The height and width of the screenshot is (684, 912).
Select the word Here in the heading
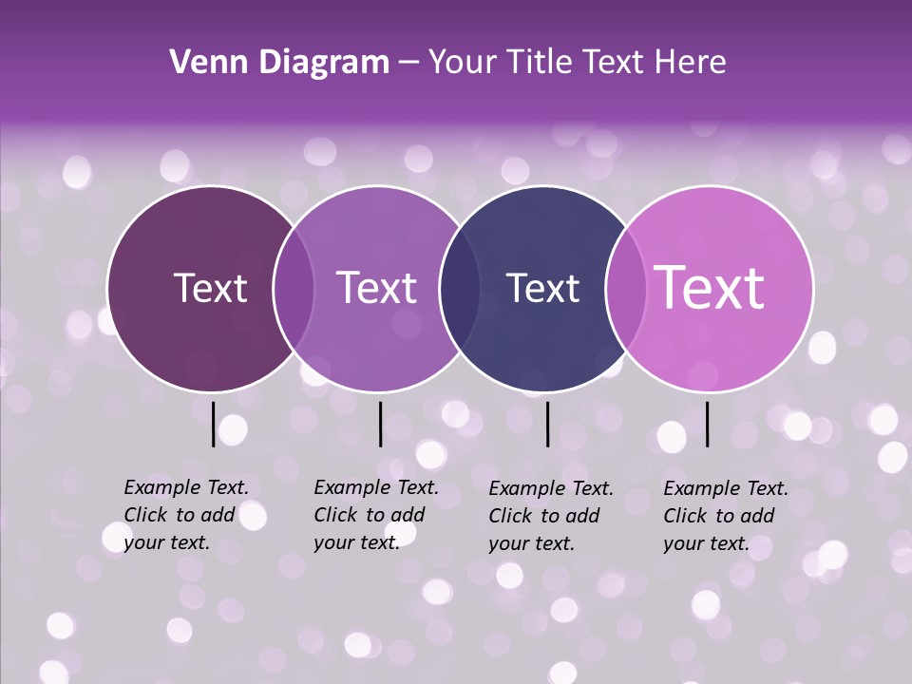690,63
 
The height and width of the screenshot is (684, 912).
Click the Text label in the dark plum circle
210,288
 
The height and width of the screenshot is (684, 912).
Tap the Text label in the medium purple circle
376,288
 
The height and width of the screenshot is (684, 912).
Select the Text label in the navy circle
542,288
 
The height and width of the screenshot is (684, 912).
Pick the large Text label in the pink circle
710,288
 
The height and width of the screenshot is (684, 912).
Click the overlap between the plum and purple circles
294,288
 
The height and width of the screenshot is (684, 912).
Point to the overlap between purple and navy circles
460,288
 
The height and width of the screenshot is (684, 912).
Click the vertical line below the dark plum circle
213,424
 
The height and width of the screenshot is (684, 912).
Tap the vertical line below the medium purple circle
380,424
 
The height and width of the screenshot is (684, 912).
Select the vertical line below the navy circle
548,424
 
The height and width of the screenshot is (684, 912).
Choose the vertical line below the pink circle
708,424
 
